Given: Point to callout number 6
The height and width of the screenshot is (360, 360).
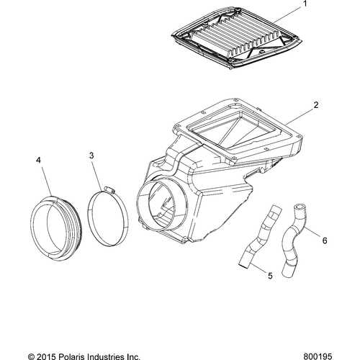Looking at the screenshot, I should (x=324, y=240).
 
